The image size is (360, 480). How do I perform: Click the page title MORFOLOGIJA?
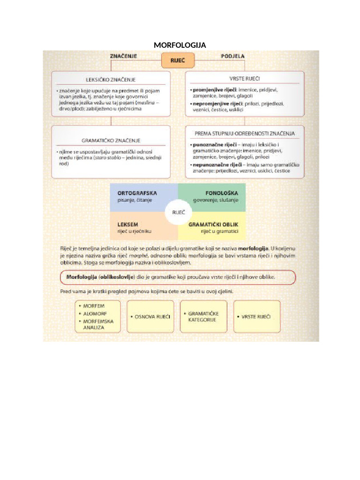point(180,45)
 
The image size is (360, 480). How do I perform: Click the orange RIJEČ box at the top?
point(178,61)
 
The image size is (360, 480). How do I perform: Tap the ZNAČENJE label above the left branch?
point(123,56)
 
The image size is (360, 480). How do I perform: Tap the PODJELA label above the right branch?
point(232,56)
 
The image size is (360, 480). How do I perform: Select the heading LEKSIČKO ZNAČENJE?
point(111,79)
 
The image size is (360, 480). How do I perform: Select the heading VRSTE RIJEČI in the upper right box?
point(245,78)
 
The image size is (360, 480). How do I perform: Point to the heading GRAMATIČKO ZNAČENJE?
point(111,140)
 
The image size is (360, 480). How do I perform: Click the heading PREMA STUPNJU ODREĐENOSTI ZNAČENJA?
point(245,134)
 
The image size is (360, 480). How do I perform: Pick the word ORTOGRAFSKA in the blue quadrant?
point(137,193)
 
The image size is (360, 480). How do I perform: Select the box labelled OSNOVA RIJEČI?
point(150,317)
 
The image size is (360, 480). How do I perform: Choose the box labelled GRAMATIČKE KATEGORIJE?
point(203,316)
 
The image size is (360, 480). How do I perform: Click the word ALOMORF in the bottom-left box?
point(94,314)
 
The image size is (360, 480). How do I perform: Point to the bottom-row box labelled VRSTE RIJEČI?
point(256,317)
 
